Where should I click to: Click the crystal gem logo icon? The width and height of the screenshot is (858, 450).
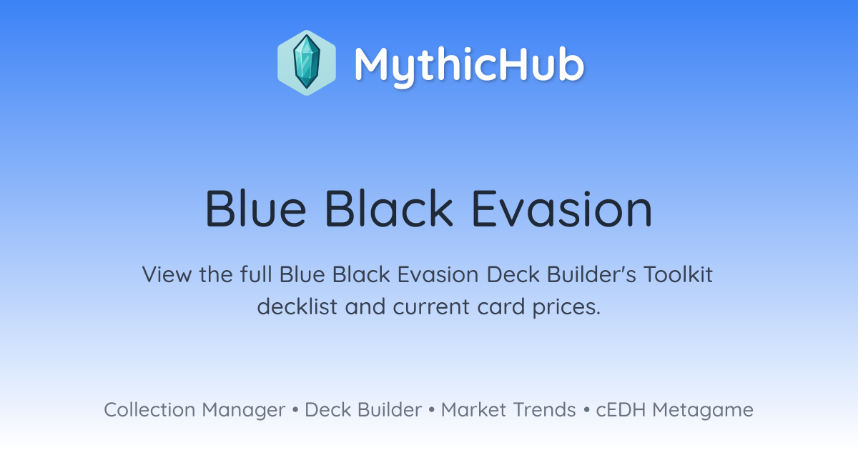307,63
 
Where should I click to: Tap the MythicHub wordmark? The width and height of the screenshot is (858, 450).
469,66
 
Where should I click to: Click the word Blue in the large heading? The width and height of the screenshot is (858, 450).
255,209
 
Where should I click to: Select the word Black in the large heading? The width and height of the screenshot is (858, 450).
389,209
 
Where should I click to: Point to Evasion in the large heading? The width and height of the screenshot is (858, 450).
562,209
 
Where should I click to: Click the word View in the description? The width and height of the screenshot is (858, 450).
167,274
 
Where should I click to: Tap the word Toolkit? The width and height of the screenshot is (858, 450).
678,274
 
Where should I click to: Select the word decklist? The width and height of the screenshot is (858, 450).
297,306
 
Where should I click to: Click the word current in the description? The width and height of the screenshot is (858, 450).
431,307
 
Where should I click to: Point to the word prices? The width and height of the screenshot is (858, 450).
566,308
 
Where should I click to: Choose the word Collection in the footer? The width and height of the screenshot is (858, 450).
149,409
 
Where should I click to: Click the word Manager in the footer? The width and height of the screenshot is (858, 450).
244,411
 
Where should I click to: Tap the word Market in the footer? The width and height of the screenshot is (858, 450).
474,409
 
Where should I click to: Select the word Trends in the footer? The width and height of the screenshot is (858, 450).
544,409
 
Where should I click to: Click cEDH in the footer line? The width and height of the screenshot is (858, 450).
621,409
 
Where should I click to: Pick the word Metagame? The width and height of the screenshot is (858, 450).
703,411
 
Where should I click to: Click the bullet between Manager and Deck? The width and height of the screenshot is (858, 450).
295,410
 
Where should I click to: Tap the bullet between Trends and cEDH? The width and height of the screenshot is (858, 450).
586,410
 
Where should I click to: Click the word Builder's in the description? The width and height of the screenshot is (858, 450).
591,274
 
